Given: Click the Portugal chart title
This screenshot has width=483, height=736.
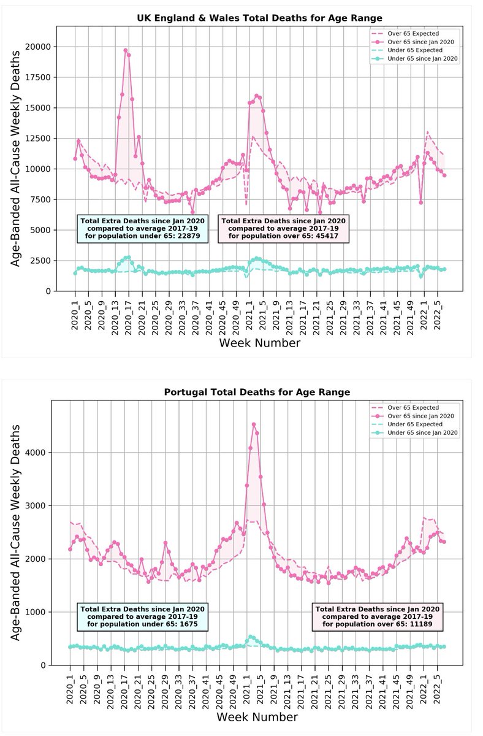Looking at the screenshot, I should click(x=257, y=391).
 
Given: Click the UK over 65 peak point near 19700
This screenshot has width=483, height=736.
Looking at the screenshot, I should click(x=126, y=50).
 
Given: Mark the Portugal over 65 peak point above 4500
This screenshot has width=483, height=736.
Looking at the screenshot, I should click(x=254, y=424).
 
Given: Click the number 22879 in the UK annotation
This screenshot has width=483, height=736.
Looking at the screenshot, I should click(x=184, y=236).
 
